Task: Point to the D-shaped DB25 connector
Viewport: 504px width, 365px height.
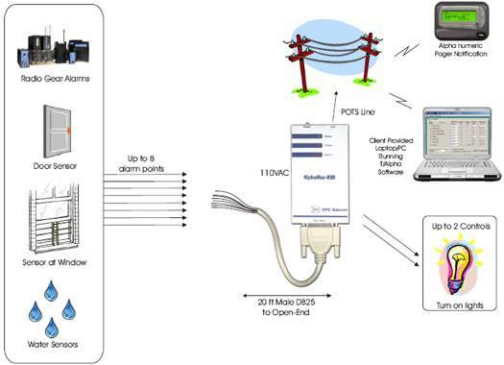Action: click(x=317, y=250)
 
